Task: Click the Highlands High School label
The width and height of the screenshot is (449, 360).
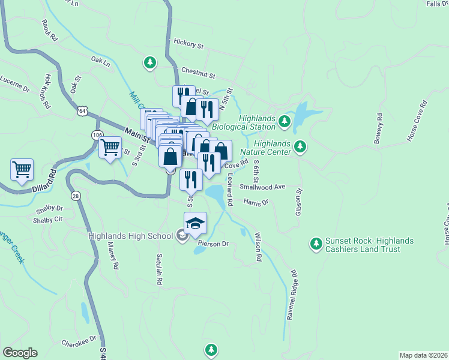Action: pos(130,235)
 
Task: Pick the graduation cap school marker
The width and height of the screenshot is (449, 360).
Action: pos(195,224)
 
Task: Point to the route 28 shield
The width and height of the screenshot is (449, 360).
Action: pos(76,196)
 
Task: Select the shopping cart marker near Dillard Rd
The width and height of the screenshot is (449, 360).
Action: pos(22,169)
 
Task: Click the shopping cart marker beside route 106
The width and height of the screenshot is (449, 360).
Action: pos(110,146)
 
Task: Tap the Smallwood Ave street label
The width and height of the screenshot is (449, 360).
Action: pos(262,187)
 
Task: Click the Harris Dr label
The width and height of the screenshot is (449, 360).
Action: pos(256,203)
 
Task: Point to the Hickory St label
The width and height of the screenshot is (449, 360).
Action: pos(188,44)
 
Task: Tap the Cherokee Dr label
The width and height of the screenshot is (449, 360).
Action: pos(79,341)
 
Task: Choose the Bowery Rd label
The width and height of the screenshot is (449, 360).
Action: pos(378,129)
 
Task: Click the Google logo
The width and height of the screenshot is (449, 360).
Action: pos(20,353)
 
